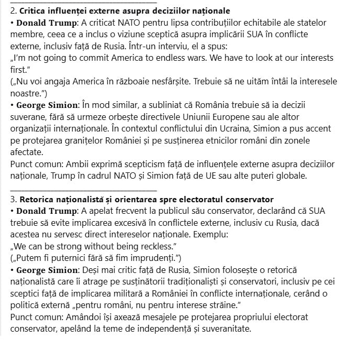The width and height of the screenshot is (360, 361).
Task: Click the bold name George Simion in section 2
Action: coord(49,105)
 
